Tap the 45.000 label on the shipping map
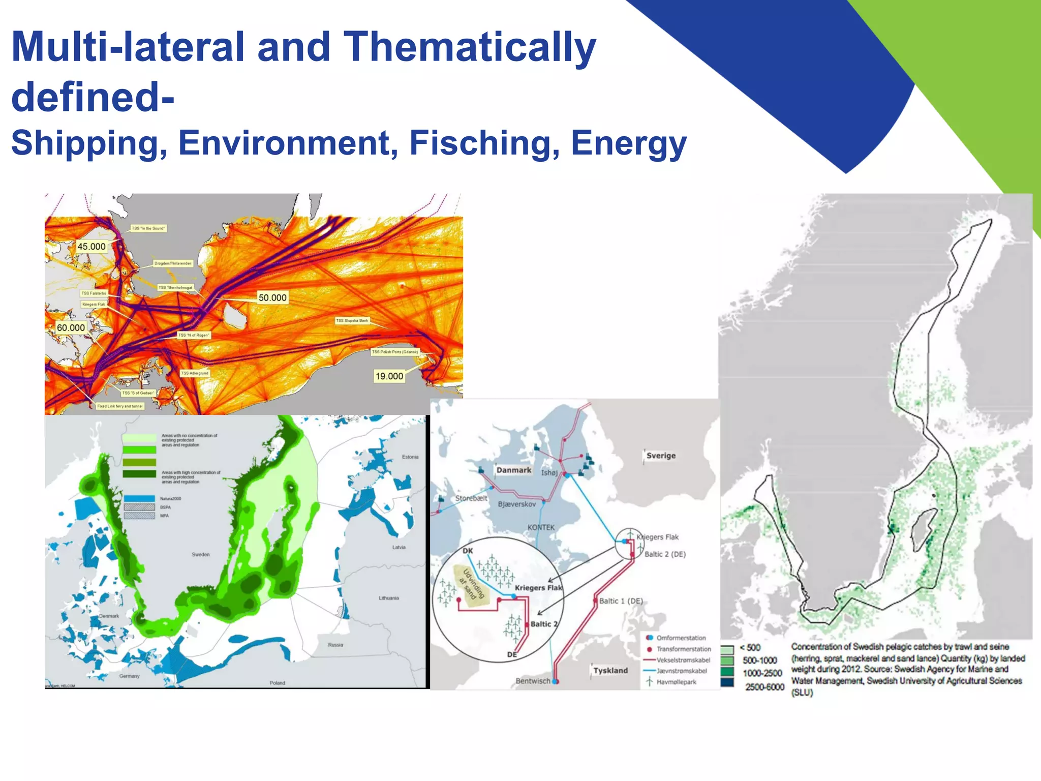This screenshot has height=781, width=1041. pos(91,247)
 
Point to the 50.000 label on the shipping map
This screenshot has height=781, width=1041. pos(272,297)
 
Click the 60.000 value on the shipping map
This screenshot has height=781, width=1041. pos(71,327)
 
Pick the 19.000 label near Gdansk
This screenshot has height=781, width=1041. pos(389,376)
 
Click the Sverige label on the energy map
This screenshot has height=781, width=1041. pos(661,456)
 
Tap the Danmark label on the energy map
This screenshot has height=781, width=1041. pos(513,470)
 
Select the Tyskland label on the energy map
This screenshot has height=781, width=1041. pos(610,671)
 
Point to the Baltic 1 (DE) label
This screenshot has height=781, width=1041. pos(621,601)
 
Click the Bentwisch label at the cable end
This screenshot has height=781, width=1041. pos(533,681)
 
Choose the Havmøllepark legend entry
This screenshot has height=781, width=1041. pos(676,682)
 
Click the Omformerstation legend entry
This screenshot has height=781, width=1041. pos(681,638)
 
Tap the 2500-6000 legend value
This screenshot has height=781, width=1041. pos(764,687)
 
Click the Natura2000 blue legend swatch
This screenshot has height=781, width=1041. pos(139,499)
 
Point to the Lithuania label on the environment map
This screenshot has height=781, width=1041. pos(389,598)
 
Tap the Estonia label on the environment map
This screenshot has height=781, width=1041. pos(410,457)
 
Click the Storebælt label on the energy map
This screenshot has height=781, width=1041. pos(471,498)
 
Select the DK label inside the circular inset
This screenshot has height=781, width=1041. pos(468,551)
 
